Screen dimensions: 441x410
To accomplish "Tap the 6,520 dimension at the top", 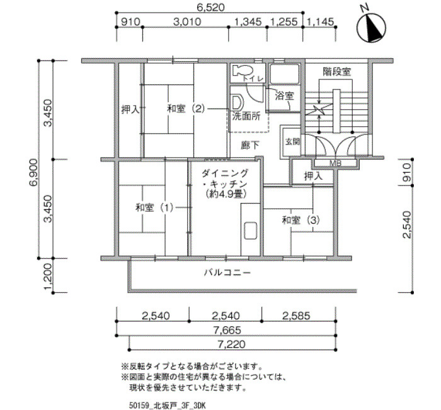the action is (x=210, y=7).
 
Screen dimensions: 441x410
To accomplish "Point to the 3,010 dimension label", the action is (x=187, y=21).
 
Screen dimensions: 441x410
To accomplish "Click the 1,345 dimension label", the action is (x=248, y=21).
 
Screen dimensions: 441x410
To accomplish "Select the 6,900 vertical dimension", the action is (x=33, y=172).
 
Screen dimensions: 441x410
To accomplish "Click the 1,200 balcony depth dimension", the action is (x=48, y=277).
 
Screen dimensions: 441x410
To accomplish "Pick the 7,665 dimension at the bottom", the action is (x=227, y=329).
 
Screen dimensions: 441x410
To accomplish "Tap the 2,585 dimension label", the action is (x=296, y=315).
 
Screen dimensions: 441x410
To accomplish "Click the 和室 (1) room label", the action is (x=154, y=208).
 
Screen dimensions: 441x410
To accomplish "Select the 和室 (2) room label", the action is (x=186, y=108).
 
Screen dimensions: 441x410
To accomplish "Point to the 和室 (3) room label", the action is (x=301, y=220).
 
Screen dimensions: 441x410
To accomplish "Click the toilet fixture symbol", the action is (x=239, y=71).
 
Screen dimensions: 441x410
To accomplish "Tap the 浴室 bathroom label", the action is (x=284, y=97).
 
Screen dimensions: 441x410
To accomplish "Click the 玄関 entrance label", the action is (x=292, y=142).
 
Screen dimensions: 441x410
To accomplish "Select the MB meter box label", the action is (x=335, y=163).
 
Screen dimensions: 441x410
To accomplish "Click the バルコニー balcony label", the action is (x=227, y=272).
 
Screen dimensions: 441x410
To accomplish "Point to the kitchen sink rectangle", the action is (x=250, y=231).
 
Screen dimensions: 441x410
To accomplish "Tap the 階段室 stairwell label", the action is (x=337, y=72).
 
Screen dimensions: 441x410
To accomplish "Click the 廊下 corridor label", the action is (x=250, y=145).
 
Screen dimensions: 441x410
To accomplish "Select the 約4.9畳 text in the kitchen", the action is (x=226, y=194).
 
